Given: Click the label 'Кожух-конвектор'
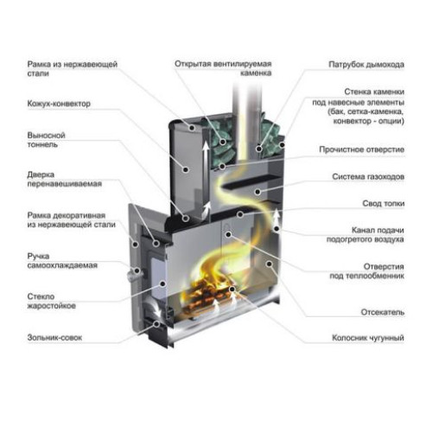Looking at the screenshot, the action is click(x=59, y=104).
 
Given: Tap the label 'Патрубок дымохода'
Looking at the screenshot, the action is click(x=366, y=65).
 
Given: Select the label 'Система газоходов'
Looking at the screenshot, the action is click(x=368, y=176).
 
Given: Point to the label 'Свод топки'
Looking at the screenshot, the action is click(x=384, y=204).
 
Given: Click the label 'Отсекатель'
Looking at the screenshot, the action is click(x=383, y=312).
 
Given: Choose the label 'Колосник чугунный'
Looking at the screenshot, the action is click(x=368, y=338).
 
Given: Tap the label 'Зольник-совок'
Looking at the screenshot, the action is click(x=54, y=337).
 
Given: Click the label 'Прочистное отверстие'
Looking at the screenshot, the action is click(x=362, y=149).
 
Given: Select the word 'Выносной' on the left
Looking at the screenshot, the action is click(x=46, y=135).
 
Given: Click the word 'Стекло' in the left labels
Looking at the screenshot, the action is click(x=41, y=296).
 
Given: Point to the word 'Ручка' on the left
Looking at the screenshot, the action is click(x=38, y=256).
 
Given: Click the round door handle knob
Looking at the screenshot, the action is click(x=133, y=274).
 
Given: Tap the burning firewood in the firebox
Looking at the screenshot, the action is click(x=209, y=296).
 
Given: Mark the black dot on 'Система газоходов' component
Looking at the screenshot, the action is click(x=258, y=192).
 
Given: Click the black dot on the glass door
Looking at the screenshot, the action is click(x=162, y=284).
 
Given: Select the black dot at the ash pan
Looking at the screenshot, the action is click(x=157, y=324).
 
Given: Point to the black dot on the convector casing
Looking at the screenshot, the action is click(x=186, y=169).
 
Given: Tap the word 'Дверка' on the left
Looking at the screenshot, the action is click(x=41, y=175).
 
